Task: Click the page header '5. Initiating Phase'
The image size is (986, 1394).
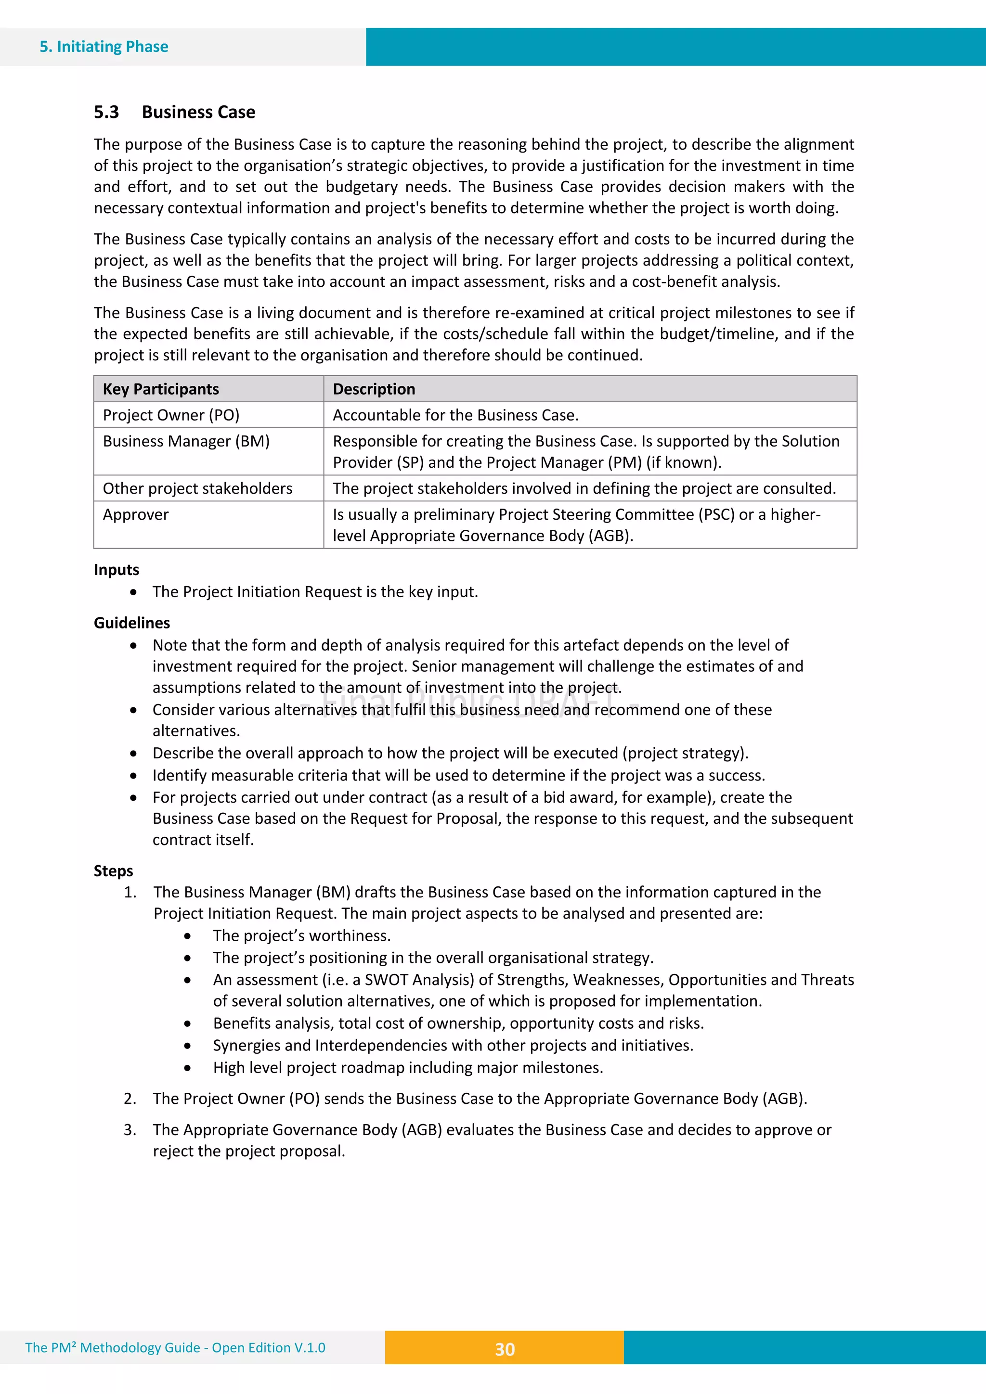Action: tap(104, 47)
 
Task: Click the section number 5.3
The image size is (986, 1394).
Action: tap(106, 112)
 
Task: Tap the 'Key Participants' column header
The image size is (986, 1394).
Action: tap(160, 389)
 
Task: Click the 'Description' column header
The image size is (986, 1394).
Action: tap(374, 389)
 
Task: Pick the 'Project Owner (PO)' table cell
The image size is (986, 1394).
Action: tap(171, 415)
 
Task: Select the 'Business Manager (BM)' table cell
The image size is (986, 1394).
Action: tap(186, 441)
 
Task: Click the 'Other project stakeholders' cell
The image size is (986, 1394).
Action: tap(197, 489)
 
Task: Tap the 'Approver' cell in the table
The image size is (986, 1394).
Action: tap(135, 515)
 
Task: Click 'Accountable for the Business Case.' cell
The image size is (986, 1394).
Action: tap(455, 415)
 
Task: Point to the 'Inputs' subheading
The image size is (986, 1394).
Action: tap(116, 570)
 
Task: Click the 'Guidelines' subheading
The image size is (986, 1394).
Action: tap(132, 623)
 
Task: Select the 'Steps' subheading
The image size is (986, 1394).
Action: tap(113, 871)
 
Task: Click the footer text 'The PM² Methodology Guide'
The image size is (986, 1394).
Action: tap(112, 1348)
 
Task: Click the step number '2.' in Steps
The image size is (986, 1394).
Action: tap(130, 1099)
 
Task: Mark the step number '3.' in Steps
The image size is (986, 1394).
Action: tap(130, 1130)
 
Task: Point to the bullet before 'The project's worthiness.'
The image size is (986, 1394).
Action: tap(188, 937)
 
